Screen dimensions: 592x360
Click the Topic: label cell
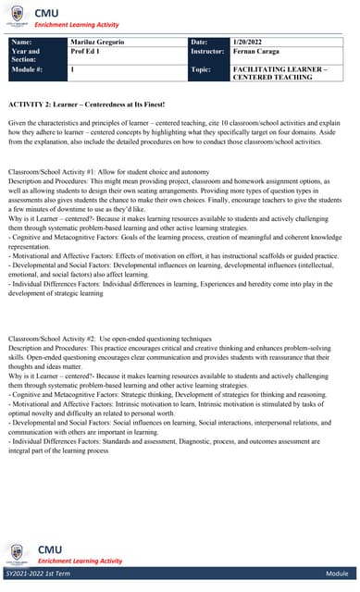pyautogui.click(x=201, y=69)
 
